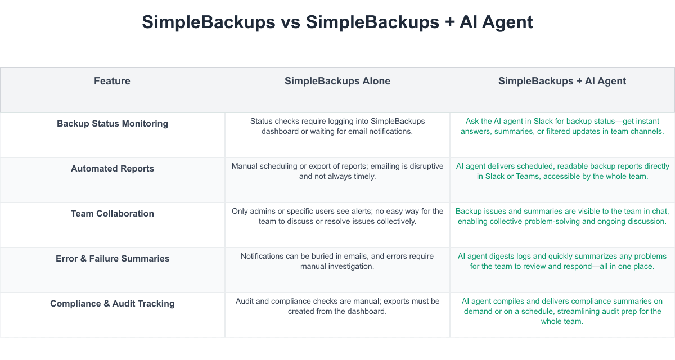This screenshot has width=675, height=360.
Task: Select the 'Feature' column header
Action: (x=112, y=81)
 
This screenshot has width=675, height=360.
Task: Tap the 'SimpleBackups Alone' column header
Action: (x=337, y=81)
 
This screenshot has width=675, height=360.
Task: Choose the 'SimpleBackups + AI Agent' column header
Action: (x=562, y=81)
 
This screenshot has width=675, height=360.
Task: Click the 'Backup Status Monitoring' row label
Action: (x=112, y=124)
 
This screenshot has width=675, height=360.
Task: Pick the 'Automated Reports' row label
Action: (x=112, y=169)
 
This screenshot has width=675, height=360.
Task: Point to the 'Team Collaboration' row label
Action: (x=112, y=214)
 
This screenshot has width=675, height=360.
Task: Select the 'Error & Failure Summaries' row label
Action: (x=112, y=259)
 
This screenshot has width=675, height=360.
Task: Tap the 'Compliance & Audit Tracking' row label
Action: (x=112, y=304)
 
